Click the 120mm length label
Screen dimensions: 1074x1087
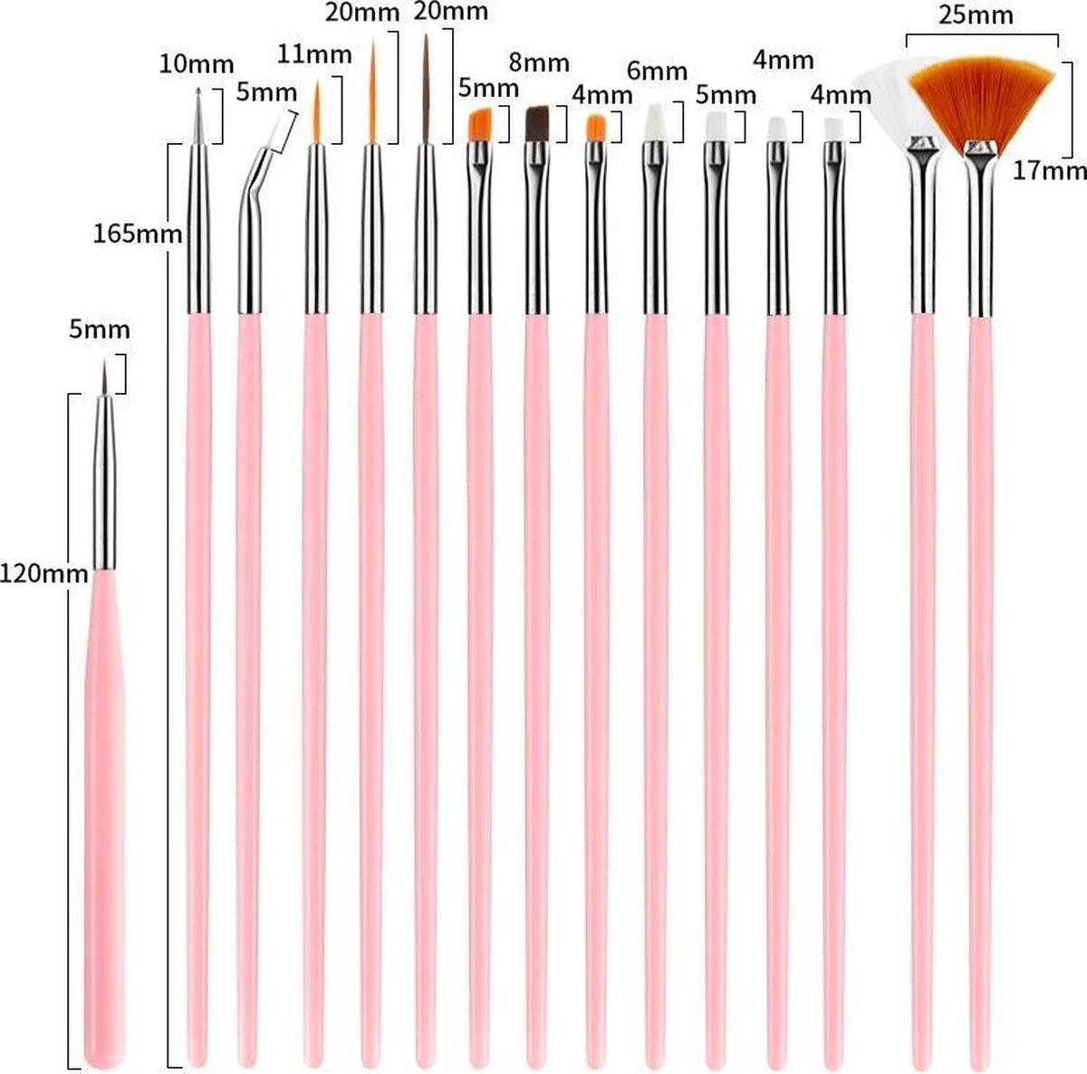pyautogui.click(x=44, y=573)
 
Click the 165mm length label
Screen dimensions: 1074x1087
pyautogui.click(x=138, y=235)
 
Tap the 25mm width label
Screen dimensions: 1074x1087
pyautogui.click(x=982, y=15)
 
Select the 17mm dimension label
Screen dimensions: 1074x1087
pyautogui.click(x=1049, y=169)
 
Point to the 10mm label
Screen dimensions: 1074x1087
pyautogui.click(x=197, y=64)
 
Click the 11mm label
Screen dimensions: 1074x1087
pyautogui.click(x=314, y=53)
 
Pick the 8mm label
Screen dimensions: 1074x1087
pyautogui.click(x=539, y=62)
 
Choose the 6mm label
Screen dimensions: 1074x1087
pyautogui.click(x=656, y=70)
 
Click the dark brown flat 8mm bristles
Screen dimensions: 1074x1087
pyautogui.click(x=538, y=121)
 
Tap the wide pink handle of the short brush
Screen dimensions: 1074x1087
pyautogui.click(x=103, y=815)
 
